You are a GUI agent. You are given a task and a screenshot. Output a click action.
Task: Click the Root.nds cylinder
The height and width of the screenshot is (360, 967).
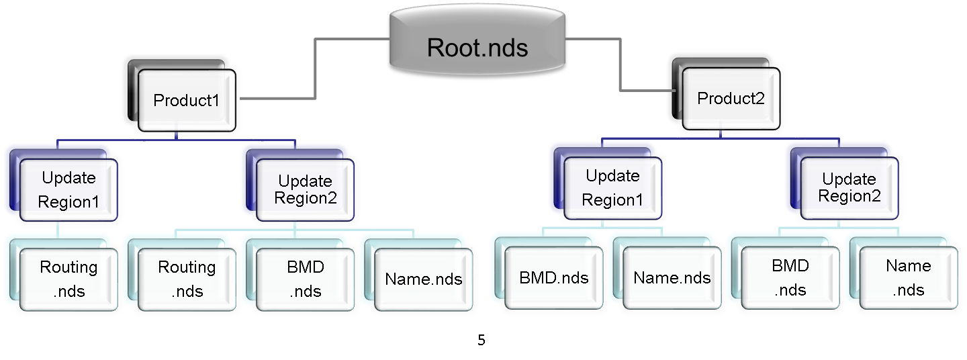click(477, 46)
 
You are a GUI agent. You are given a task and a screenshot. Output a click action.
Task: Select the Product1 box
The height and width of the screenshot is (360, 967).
click(187, 100)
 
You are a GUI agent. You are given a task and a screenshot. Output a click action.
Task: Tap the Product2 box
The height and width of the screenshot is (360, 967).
click(731, 99)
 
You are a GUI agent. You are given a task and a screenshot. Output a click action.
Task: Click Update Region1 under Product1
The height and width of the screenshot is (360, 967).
click(68, 190)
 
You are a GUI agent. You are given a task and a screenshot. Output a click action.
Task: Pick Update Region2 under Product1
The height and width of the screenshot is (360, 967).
click(305, 190)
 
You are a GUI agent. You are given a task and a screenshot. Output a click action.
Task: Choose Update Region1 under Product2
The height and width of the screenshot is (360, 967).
click(612, 188)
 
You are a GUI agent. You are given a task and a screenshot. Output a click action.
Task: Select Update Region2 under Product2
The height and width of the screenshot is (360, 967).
click(849, 188)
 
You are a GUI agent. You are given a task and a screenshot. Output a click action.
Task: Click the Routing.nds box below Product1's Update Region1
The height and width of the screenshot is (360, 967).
click(68, 279)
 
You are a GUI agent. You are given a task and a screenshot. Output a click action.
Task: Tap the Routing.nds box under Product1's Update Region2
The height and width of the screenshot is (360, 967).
click(187, 279)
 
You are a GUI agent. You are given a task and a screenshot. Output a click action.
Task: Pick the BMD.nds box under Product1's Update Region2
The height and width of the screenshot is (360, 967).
click(305, 279)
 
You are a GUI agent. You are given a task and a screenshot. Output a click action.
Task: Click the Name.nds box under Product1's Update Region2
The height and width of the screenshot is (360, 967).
click(423, 279)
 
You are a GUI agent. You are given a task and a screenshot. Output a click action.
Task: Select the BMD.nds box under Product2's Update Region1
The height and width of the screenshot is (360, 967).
click(553, 278)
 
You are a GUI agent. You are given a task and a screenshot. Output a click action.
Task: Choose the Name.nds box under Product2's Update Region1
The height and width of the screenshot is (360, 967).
click(672, 278)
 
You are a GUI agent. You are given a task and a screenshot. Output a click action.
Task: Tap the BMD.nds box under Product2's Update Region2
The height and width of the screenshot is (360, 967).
click(790, 277)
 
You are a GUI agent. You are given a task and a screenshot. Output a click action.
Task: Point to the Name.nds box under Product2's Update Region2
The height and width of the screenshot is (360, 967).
click(908, 277)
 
